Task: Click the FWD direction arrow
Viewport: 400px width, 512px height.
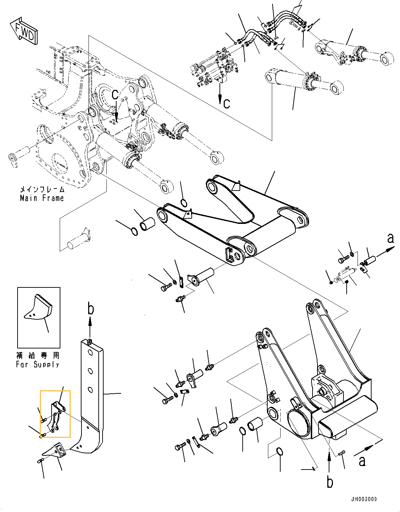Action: tap(24, 31)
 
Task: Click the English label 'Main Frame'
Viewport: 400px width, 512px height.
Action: tap(42, 198)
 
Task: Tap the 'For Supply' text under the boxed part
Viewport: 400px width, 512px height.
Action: tap(38, 365)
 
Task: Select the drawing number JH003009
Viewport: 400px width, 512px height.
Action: tap(364, 499)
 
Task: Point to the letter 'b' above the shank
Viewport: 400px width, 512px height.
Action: tap(91, 309)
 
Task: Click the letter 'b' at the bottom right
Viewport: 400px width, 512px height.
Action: tap(330, 482)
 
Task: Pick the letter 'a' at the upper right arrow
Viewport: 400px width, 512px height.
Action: tap(391, 238)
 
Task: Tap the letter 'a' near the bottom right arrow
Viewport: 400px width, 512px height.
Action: tap(362, 461)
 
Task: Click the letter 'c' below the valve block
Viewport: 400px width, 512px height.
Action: tap(227, 103)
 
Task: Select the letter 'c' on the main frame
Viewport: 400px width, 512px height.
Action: tap(115, 94)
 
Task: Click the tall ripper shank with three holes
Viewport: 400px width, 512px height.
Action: tap(92, 386)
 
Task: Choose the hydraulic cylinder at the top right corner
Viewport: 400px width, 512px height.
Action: tap(355, 54)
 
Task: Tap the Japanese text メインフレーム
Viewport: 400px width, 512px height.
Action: tap(42, 189)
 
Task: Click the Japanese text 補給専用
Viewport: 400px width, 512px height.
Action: tap(38, 355)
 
